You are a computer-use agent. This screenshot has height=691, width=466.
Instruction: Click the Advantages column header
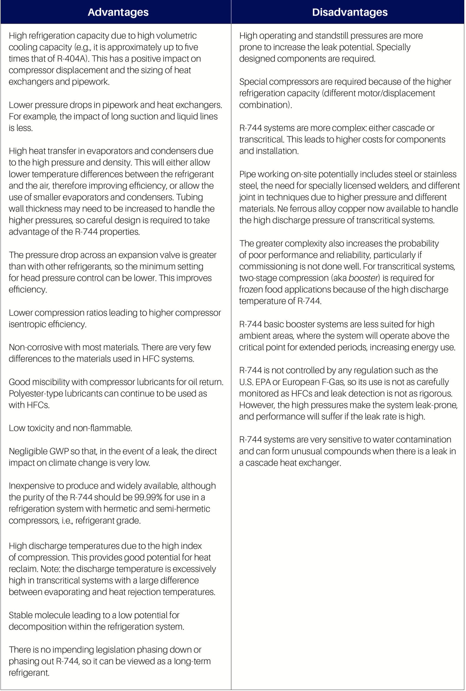click(118, 12)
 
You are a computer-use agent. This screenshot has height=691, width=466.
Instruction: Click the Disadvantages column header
click(350, 12)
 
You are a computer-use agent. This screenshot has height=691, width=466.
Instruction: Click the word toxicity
click(43, 428)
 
